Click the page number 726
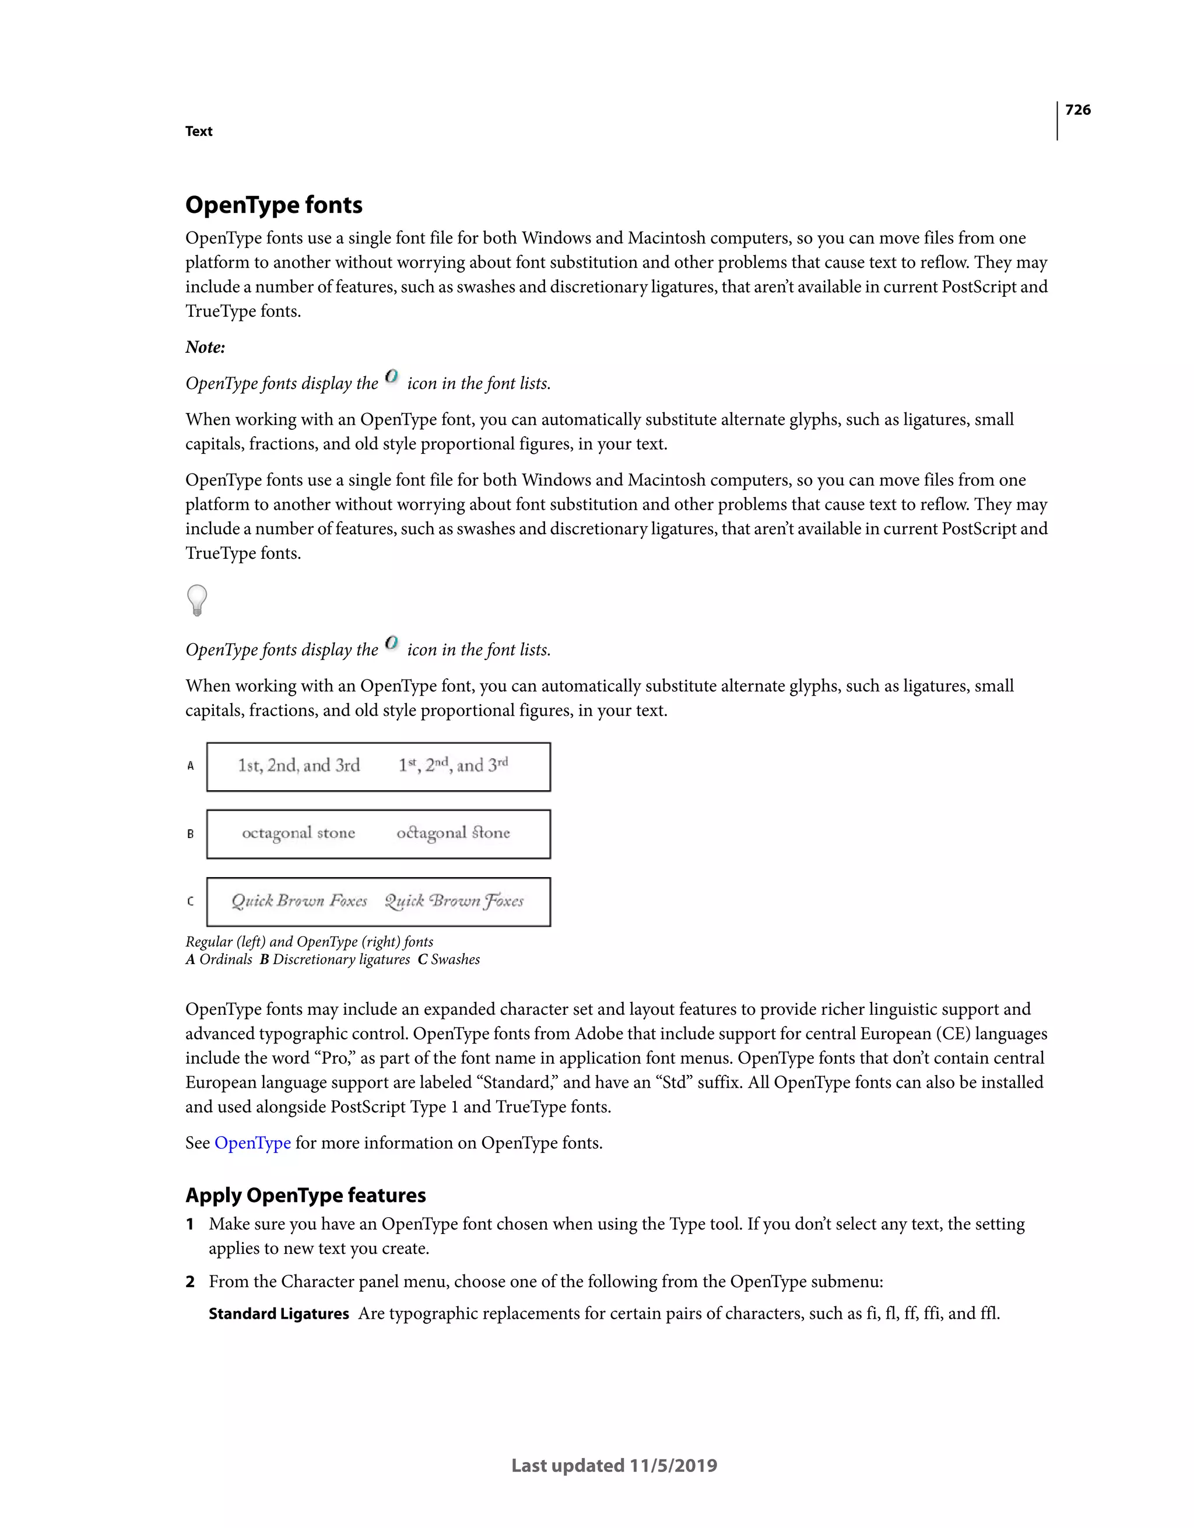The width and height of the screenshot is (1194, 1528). pos(1077,110)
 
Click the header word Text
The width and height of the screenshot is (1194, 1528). pos(199,132)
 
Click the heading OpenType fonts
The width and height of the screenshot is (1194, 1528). pos(273,205)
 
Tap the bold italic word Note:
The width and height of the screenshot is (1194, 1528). pos(205,347)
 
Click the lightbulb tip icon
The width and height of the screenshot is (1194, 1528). pos(197,600)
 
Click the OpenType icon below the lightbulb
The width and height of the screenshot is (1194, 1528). pos(392,642)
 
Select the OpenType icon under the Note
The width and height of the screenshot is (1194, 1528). pos(392,376)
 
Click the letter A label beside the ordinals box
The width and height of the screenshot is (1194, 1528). pos(190,766)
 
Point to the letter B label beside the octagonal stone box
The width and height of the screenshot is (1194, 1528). pos(190,834)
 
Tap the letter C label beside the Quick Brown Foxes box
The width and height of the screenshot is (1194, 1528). pos(190,901)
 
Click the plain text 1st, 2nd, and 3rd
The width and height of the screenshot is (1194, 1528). pos(298,765)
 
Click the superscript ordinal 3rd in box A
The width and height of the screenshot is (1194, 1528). pos(498,764)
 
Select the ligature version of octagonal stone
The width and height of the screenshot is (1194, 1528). pos(453,833)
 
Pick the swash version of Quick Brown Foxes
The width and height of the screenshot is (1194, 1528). pos(454,900)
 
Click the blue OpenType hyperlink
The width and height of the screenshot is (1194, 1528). pos(252,1143)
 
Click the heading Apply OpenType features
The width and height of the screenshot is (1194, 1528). pos(305,1195)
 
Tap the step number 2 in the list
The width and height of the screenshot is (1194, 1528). pos(190,1282)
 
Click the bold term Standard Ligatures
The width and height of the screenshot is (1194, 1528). pos(279,1314)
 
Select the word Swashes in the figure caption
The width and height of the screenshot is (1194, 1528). pos(455,959)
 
